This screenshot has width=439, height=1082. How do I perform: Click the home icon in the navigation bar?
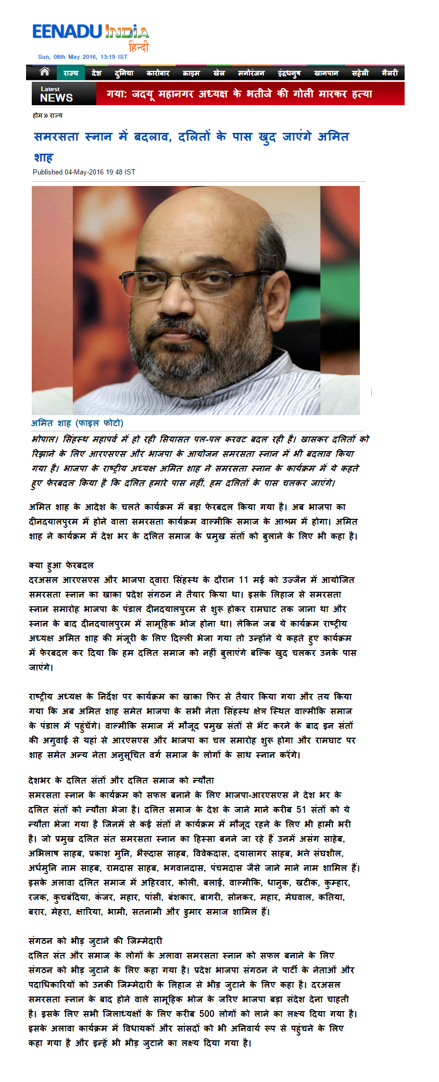click(45, 72)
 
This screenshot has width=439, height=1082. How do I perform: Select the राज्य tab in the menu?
click(70, 73)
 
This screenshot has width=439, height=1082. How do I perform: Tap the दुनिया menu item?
click(124, 73)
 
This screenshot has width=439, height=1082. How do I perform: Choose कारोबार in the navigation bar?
click(158, 73)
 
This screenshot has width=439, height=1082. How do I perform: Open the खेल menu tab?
click(219, 73)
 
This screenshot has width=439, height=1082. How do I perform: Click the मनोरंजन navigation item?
click(251, 73)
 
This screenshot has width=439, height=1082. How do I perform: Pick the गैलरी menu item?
click(390, 73)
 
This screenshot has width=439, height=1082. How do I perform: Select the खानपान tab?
click(326, 73)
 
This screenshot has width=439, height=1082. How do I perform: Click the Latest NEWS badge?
click(57, 94)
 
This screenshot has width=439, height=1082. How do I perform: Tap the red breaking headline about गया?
click(240, 94)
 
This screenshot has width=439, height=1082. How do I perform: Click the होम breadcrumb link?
click(37, 116)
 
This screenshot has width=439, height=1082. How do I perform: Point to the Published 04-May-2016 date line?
click(84, 172)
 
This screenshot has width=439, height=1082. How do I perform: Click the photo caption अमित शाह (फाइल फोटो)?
click(77, 423)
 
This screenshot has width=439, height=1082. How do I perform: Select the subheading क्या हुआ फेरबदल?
click(61, 565)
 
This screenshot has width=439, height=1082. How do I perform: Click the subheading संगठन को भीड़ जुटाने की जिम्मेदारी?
click(95, 941)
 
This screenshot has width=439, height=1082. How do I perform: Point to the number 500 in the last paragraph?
click(207, 1014)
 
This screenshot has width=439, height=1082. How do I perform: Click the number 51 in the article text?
click(301, 810)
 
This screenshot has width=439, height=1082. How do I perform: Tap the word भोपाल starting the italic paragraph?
click(45, 439)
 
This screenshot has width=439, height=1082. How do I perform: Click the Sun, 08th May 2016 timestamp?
click(83, 57)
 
